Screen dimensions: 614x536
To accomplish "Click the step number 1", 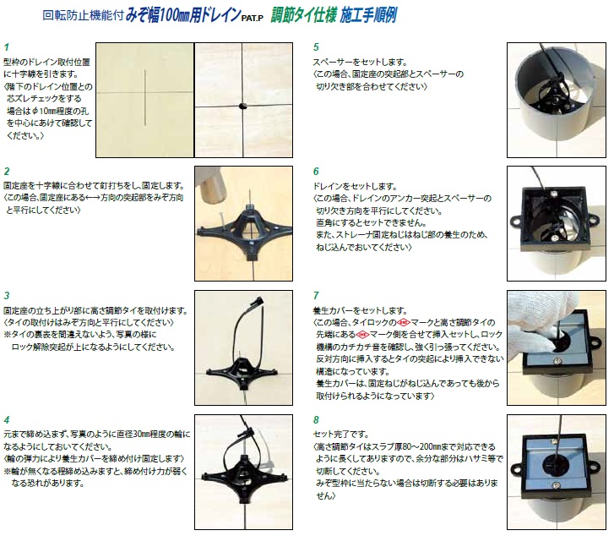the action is pos(6,47).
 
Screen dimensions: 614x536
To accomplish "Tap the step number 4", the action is pos(7,420).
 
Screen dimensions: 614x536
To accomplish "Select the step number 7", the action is pos(316,296).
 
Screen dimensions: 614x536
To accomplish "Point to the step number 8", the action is pos(316,420).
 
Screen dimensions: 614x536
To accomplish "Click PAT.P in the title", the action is pos(253,18).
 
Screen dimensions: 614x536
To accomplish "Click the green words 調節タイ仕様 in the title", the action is pos(303,16).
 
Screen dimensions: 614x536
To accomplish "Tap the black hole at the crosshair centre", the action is pos(242,106).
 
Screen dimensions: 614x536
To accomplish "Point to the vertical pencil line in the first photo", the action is pos(145,98).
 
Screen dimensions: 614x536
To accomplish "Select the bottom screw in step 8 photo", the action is pos(555,485).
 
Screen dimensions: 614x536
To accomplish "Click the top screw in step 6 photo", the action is pos(553,194).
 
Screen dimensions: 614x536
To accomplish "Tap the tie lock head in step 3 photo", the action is pos(258,302).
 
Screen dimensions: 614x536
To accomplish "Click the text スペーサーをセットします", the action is pos(360,62).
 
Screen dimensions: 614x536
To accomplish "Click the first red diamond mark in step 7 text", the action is pos(404,323).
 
